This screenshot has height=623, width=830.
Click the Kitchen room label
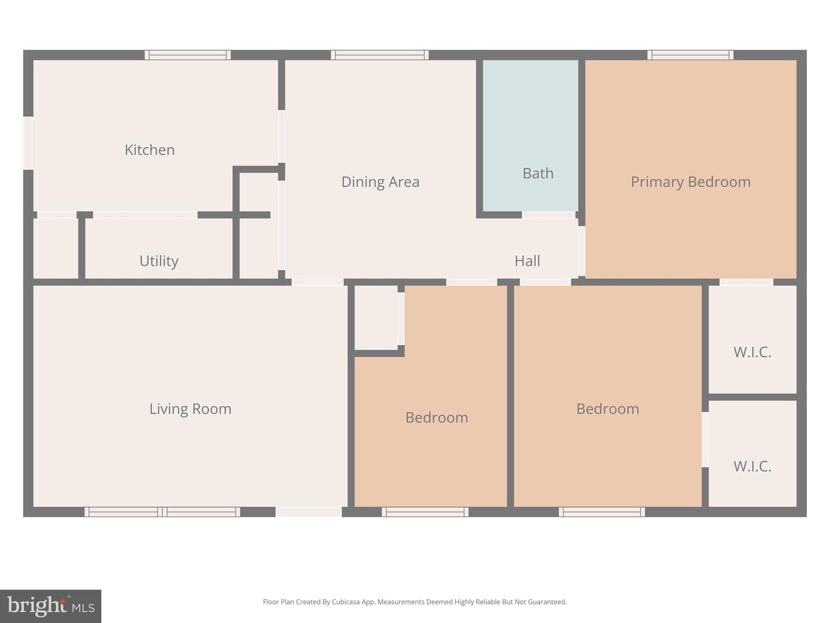(149, 150)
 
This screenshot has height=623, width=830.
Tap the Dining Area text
(380, 182)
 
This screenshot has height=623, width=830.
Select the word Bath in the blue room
(537, 173)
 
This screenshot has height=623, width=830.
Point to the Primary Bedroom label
(690, 182)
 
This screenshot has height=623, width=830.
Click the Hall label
(527, 261)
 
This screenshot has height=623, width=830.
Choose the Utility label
(159, 261)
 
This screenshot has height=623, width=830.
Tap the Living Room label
(190, 409)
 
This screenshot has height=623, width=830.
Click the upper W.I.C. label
(752, 352)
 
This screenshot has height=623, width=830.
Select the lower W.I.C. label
(752, 466)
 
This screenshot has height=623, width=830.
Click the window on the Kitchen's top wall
(187, 55)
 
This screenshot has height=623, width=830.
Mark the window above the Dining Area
(379, 55)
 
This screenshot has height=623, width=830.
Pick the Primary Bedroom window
(690, 55)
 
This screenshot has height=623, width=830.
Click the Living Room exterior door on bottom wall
(308, 512)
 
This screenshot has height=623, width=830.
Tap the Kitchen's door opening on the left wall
(28, 143)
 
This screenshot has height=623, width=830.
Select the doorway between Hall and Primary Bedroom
(582, 251)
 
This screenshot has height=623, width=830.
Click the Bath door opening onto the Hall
(548, 215)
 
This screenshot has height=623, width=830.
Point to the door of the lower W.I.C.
(705, 440)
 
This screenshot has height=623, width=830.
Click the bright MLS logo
(51, 606)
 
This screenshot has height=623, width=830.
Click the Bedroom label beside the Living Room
(436, 418)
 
